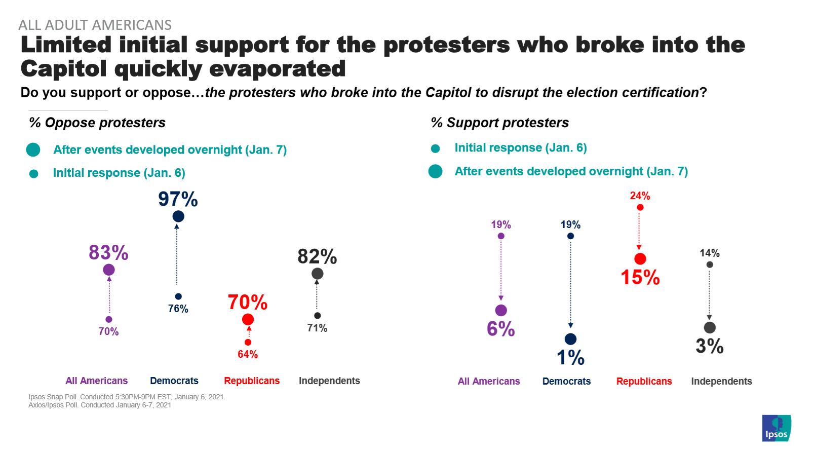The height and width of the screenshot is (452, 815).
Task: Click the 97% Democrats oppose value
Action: (x=178, y=199)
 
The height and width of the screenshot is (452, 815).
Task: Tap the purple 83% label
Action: (x=108, y=252)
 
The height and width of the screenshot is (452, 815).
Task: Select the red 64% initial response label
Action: (x=248, y=354)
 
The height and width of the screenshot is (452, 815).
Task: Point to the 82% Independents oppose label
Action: (x=317, y=256)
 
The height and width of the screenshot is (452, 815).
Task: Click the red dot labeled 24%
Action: (x=640, y=207)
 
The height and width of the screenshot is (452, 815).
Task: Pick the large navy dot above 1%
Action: (x=570, y=339)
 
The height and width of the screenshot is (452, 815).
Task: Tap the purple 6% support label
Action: (x=500, y=329)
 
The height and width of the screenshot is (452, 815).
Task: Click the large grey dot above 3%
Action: (x=710, y=328)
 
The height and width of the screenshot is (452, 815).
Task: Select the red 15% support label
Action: (x=640, y=277)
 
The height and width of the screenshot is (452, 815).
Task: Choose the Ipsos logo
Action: (x=777, y=429)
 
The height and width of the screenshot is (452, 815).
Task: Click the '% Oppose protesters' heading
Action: (x=97, y=123)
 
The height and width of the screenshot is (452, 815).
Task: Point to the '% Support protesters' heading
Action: (x=499, y=123)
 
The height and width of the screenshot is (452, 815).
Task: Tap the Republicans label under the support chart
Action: (x=644, y=381)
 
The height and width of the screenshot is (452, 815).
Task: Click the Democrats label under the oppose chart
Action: (x=174, y=381)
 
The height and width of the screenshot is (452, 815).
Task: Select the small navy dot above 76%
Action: (x=178, y=296)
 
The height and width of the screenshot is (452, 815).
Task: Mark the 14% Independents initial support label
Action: (x=710, y=253)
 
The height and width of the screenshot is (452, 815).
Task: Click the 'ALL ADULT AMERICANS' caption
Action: (x=95, y=25)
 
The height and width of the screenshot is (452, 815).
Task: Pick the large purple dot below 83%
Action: (x=109, y=270)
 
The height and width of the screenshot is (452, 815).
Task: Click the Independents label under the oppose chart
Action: (x=329, y=381)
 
